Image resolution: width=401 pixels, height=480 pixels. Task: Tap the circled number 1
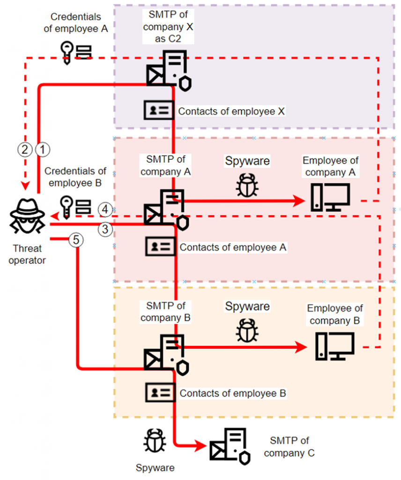coord(42,150)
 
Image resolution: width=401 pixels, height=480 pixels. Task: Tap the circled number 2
coord(25,150)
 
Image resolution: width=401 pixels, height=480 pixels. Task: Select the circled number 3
coord(105,229)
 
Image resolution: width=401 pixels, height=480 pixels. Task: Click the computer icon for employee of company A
coord(330,197)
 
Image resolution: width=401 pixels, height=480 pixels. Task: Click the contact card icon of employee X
coord(158,111)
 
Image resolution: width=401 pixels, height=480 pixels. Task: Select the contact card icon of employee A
coord(160,247)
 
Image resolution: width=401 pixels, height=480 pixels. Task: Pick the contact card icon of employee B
coord(160,392)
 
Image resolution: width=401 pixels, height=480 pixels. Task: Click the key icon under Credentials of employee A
coord(67,51)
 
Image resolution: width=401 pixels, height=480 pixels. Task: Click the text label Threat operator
coord(27,254)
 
